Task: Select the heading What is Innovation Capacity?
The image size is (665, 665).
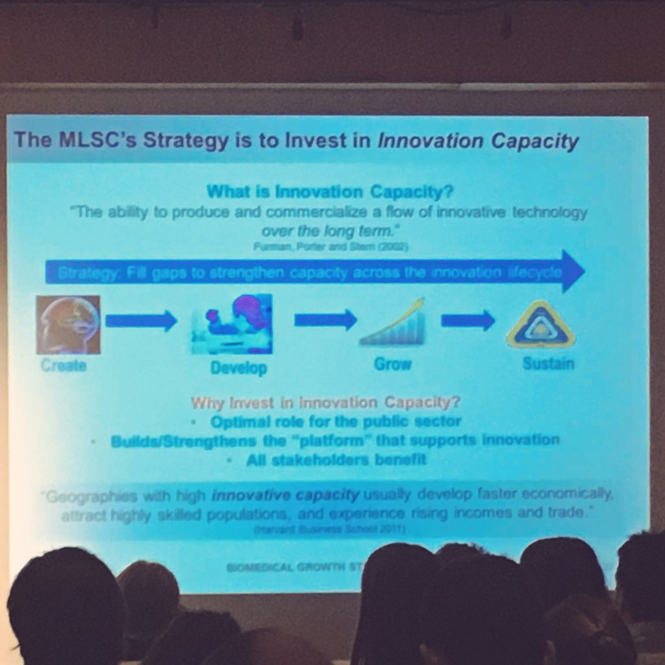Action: [329, 192]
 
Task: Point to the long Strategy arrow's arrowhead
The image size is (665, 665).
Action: [571, 271]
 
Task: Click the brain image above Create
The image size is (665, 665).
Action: [68, 325]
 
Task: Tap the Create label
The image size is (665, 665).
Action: [64, 366]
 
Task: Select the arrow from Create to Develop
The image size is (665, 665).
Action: [141, 320]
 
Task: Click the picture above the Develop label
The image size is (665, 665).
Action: [233, 323]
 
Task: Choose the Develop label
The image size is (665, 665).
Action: [238, 368]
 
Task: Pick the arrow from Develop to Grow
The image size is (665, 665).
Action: [325, 320]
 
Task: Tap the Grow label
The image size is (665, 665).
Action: [393, 364]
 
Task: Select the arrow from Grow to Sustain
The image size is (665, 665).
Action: [468, 320]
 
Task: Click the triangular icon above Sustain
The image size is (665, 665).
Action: [540, 324]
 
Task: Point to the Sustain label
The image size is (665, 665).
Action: [548, 363]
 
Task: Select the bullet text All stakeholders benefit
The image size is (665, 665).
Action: [336, 460]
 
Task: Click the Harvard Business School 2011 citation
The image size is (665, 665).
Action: [330, 530]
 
